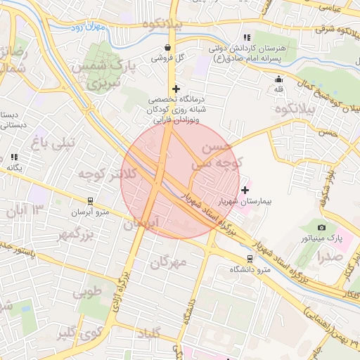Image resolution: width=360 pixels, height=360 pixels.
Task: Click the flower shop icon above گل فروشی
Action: pos(167,48)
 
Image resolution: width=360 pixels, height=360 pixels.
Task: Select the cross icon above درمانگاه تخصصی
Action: pos(176,89)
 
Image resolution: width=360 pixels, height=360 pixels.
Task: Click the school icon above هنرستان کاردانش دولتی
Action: pos(246,37)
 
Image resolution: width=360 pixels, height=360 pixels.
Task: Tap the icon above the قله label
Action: pos(279,79)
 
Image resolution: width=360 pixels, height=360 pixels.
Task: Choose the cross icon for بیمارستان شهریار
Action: pos(245,189)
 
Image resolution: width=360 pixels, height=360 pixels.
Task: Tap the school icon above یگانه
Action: pos(14,157)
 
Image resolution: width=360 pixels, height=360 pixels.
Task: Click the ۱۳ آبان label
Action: pos(27,209)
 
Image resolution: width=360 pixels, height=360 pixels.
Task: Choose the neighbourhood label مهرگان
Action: pos(169,262)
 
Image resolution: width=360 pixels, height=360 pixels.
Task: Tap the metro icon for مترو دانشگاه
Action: pos(250,258)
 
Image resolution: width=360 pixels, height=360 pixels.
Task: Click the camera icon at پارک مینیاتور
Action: pos(321,227)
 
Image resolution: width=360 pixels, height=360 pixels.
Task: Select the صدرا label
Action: pos(329,257)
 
